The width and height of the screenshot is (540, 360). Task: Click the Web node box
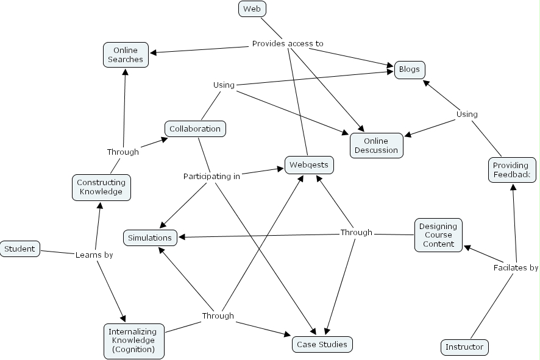252,9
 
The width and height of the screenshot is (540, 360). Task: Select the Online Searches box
126,55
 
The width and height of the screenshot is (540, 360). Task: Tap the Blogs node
409,69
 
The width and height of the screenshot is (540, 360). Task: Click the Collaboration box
195,129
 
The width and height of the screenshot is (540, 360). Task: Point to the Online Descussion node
376,146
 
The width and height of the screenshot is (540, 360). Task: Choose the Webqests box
308,164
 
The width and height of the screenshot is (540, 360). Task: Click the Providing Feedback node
511,170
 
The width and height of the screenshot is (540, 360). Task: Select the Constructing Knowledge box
101,187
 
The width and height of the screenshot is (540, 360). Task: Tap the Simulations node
150,238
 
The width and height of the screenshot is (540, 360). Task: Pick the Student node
20,249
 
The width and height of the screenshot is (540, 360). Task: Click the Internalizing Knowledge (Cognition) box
133,341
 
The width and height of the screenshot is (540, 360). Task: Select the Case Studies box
322,344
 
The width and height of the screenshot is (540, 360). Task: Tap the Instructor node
464,347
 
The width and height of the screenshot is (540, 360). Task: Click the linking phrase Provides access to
288,44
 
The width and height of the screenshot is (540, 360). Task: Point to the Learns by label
94,255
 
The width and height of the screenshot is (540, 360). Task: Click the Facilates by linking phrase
516,267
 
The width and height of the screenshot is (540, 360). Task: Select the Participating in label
211,177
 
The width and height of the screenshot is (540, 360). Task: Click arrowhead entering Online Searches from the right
152,52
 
